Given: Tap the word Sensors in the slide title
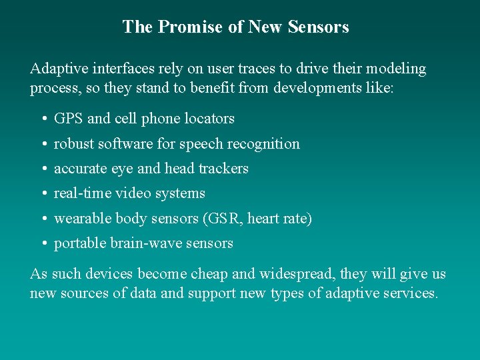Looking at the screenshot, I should (319, 27).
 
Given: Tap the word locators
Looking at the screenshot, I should (209, 119).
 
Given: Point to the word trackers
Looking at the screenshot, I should (223, 169).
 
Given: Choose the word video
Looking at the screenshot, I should (133, 193).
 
